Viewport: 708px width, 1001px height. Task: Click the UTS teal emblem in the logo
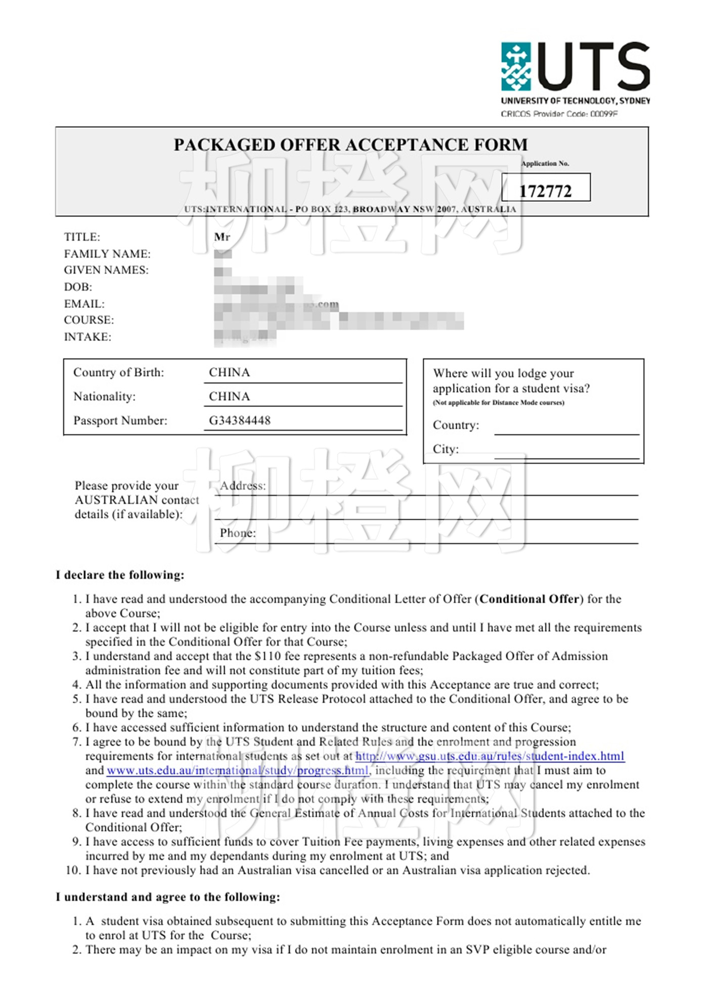pos(516,67)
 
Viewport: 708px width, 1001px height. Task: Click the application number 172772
pos(545,191)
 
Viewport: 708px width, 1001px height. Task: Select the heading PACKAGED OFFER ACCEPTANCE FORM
pos(350,145)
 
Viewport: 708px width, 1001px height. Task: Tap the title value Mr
pos(222,237)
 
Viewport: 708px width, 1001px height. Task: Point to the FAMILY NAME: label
pos(107,254)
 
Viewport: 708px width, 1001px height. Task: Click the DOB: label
pos(78,287)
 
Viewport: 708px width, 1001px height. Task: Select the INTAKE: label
pos(87,337)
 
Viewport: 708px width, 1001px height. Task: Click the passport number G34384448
pos(240,420)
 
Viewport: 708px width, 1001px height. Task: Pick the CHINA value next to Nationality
pos(229,396)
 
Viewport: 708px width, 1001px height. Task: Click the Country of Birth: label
pos(119,373)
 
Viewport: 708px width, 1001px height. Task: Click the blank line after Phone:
pos(445,538)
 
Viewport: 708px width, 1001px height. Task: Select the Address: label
pos(243,486)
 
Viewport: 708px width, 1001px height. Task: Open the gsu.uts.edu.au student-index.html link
pos(490,756)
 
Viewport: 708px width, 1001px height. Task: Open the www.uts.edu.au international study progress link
pos(238,770)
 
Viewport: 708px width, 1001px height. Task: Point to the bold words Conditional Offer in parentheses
pos(529,599)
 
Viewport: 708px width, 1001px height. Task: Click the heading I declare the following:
pos(120,575)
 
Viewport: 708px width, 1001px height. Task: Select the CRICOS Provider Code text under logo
pos(559,114)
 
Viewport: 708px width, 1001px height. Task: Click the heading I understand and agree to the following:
pos(167,897)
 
